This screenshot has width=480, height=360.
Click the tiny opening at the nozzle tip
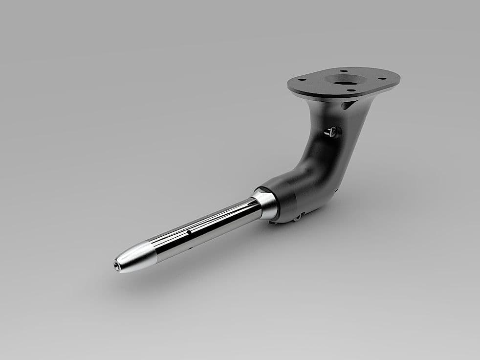(116, 267)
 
